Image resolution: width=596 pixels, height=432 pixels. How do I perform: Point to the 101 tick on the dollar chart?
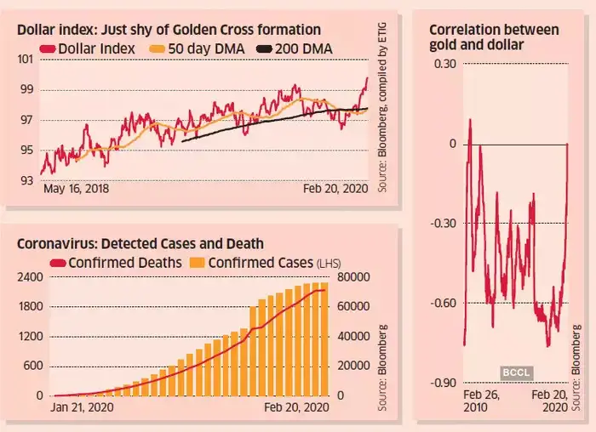coord(26,59)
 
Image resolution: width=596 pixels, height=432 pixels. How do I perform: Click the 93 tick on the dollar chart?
coord(26,180)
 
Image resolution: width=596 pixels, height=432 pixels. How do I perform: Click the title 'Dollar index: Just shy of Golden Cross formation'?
coord(169,31)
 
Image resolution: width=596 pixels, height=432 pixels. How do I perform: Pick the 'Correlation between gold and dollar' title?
coord(494,37)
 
